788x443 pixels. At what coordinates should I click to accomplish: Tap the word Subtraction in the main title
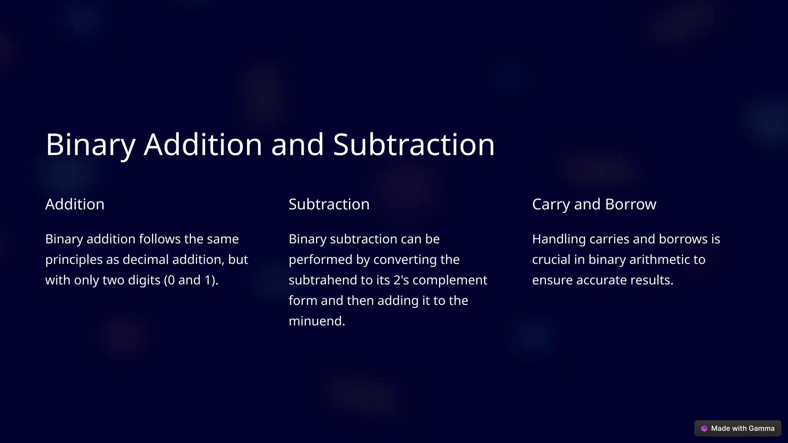(x=414, y=145)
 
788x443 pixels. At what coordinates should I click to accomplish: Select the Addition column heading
(x=75, y=204)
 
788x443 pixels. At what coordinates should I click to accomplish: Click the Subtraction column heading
(x=329, y=204)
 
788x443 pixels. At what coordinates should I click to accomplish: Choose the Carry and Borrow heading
(x=594, y=204)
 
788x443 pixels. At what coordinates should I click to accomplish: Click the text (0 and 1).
(x=191, y=280)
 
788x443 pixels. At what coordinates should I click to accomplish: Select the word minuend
(x=317, y=321)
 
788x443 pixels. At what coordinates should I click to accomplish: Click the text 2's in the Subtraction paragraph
(x=401, y=280)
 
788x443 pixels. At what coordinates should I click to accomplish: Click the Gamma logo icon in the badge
(x=704, y=428)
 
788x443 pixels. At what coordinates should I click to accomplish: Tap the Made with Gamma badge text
(x=743, y=428)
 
